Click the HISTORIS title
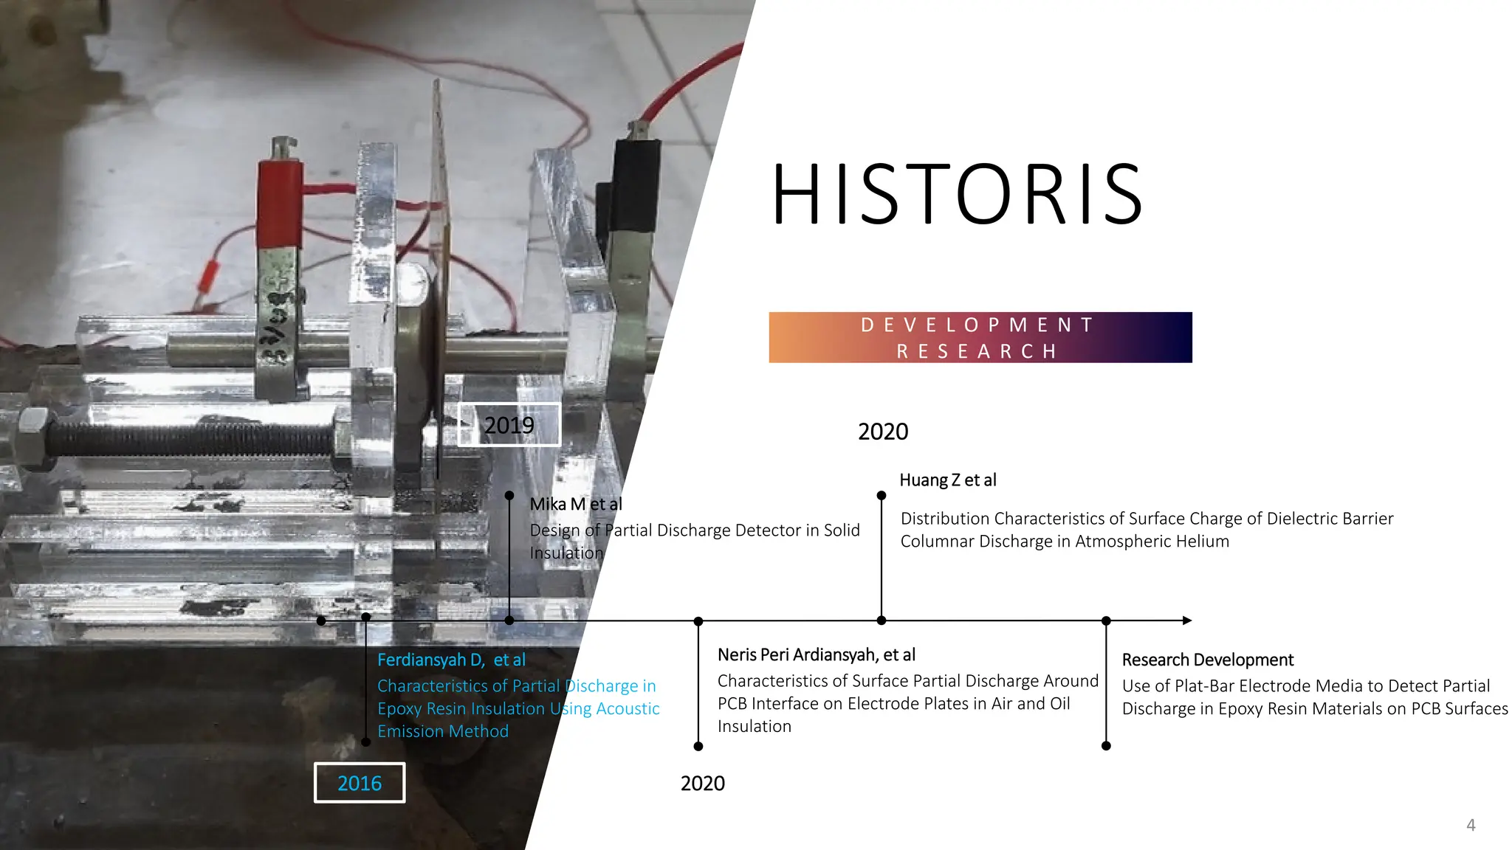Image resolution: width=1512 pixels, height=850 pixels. (958, 195)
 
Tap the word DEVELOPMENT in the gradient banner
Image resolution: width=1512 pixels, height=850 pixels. (978, 325)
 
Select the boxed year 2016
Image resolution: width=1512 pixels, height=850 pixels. (360, 783)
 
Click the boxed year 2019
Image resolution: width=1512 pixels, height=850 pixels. (509, 425)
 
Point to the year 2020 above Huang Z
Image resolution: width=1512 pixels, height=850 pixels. (883, 432)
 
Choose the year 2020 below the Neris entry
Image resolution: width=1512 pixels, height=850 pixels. (702, 784)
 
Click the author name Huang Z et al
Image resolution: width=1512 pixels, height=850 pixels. (948, 480)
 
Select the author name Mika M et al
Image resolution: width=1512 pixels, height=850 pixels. (576, 504)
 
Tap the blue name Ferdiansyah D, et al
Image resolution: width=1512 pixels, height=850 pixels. (451, 660)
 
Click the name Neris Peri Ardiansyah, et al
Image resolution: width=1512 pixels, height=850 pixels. (817, 654)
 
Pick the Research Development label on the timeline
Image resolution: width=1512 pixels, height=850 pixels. (1208, 660)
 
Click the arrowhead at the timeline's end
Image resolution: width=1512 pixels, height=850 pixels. (1186, 621)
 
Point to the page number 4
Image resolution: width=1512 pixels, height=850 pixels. (1471, 825)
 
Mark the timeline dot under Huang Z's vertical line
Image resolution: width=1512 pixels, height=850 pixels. (882, 621)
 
